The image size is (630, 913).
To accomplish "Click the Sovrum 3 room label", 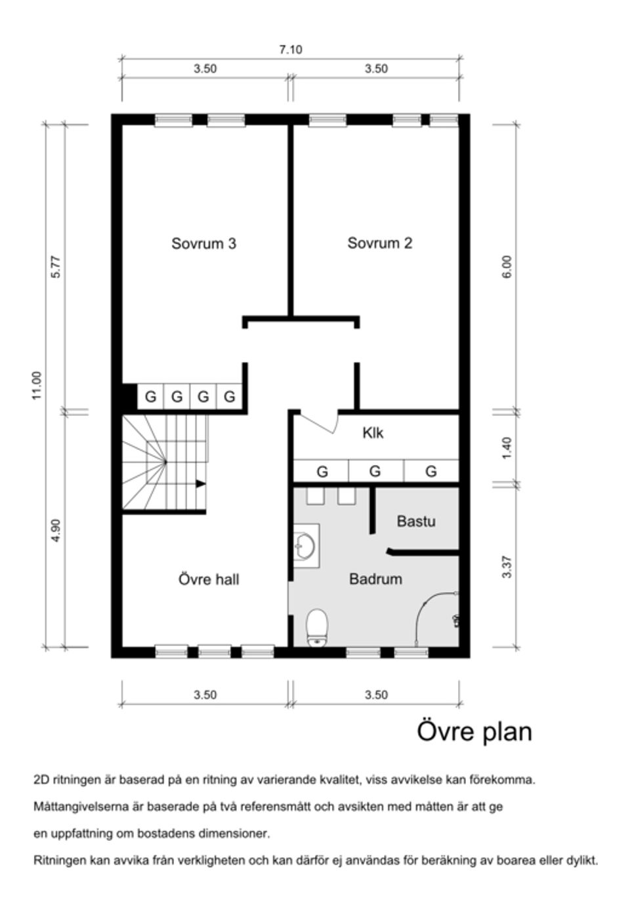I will tap(203, 243).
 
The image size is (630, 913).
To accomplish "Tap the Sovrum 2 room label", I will tap(379, 243).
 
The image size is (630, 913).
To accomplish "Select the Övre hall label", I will tap(209, 579).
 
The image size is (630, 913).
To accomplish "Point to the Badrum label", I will tap(375, 579).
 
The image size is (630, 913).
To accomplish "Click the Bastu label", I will tap(416, 521).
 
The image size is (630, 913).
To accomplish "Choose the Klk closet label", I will tap(373, 433).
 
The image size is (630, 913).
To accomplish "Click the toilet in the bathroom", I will tap(317, 627).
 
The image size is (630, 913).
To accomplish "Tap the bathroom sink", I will tap(305, 544).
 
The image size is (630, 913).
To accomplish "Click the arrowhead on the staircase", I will tap(201, 484).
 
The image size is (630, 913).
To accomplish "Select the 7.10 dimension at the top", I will tap(291, 50).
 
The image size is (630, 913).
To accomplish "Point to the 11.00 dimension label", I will tap(37, 385).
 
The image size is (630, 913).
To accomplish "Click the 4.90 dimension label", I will tap(56, 530).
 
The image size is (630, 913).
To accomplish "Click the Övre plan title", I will tap(474, 731).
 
